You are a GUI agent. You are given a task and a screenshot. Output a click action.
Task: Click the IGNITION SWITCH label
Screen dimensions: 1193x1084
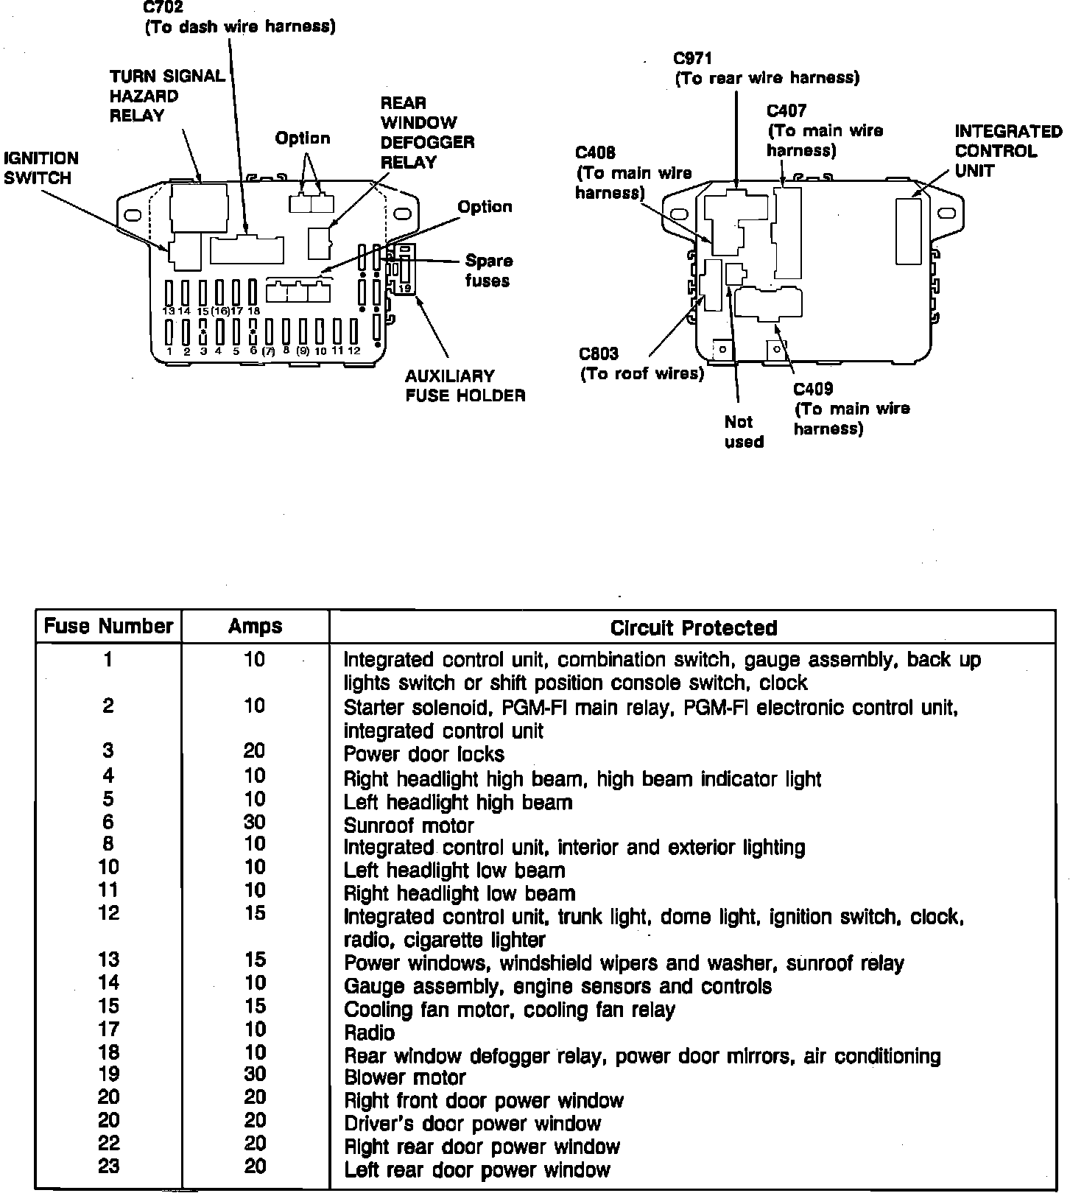coord(41,168)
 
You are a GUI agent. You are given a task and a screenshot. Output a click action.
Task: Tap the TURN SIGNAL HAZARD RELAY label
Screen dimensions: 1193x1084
coord(167,96)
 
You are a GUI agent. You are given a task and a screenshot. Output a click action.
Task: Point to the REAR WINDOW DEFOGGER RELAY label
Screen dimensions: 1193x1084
coord(427,133)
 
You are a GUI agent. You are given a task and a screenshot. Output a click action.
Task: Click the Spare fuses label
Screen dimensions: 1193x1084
coord(488,270)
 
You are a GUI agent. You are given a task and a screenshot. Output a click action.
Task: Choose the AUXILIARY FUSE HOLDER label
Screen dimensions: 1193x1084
coord(465,385)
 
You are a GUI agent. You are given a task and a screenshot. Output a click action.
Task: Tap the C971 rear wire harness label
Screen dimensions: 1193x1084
coord(767,68)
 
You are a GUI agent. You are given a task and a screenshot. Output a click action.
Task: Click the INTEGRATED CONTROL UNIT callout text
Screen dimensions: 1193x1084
coord(1008,151)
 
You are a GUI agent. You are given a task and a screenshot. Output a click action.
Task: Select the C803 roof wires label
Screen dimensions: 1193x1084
coord(641,364)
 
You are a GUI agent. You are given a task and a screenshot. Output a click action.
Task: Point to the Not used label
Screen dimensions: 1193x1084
coord(743,432)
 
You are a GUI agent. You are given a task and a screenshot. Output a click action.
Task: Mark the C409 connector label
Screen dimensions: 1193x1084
coord(851,409)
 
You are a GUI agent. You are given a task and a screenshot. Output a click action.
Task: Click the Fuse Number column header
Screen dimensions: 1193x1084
coord(108,626)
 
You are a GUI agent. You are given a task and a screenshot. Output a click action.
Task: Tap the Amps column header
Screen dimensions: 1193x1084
coord(255,626)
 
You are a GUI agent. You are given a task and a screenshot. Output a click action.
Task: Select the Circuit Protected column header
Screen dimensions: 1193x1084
coord(693,627)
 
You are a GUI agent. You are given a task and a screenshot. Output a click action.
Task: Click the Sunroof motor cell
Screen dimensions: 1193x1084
coord(409,826)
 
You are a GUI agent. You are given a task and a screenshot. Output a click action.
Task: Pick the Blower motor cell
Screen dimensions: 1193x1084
coord(404,1077)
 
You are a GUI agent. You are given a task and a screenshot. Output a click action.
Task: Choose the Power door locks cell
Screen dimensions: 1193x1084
coord(423,754)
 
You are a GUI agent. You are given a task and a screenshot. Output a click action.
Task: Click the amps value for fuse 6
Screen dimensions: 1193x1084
coord(255,822)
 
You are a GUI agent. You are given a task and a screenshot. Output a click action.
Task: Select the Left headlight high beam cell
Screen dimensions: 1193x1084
coord(457,802)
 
